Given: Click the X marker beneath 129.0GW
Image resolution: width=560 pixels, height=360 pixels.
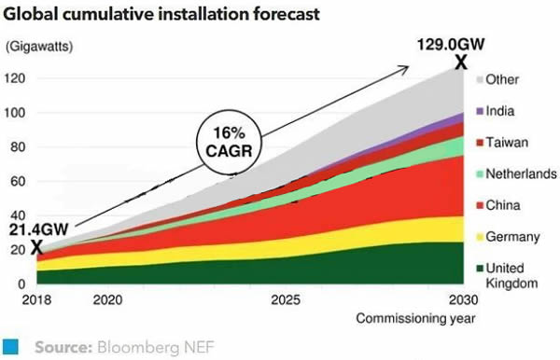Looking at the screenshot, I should pyautogui.click(x=459, y=62).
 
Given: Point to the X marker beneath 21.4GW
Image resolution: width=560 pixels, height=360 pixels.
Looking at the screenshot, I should pyautogui.click(x=36, y=247).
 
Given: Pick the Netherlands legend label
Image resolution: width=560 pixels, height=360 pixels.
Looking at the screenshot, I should pyautogui.click(x=522, y=173).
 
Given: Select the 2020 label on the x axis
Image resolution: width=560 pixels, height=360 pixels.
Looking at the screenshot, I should pyautogui.click(x=107, y=300).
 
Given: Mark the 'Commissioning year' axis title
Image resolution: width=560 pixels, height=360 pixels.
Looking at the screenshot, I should pyautogui.click(x=416, y=319).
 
